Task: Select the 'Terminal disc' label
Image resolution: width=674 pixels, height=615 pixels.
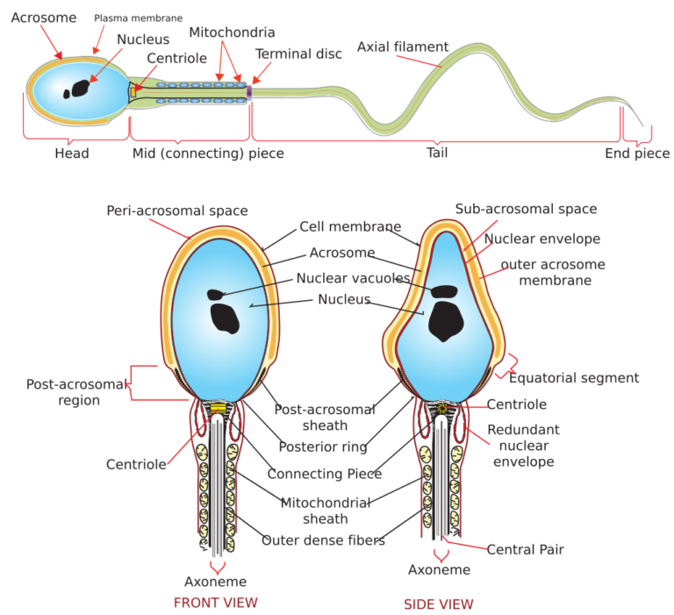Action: tap(298, 54)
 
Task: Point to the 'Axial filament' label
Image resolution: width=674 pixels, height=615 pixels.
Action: tap(403, 46)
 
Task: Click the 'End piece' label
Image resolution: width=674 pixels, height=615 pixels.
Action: tap(637, 154)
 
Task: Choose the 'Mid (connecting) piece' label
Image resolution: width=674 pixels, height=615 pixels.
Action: tap(208, 154)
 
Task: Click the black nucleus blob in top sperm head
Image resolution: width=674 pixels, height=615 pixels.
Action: tap(81, 88)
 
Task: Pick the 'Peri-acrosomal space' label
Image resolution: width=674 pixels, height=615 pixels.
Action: tap(177, 211)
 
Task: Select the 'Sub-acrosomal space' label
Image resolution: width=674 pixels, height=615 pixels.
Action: tap(526, 209)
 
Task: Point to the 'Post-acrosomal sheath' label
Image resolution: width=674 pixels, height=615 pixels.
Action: tap(325, 417)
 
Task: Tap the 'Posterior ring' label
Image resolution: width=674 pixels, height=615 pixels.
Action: tap(323, 446)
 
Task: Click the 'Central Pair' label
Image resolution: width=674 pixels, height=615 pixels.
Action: tap(526, 549)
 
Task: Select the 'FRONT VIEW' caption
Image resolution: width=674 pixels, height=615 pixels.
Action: tap(215, 603)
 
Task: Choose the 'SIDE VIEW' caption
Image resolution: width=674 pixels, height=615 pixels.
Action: tap(438, 604)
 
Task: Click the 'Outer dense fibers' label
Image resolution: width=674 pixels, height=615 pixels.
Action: tap(323, 540)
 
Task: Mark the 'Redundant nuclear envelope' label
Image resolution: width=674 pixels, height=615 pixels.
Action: tap(523, 446)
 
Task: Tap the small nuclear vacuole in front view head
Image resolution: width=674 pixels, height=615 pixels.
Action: tap(216, 293)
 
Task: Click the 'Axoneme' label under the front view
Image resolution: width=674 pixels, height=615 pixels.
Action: tap(215, 582)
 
